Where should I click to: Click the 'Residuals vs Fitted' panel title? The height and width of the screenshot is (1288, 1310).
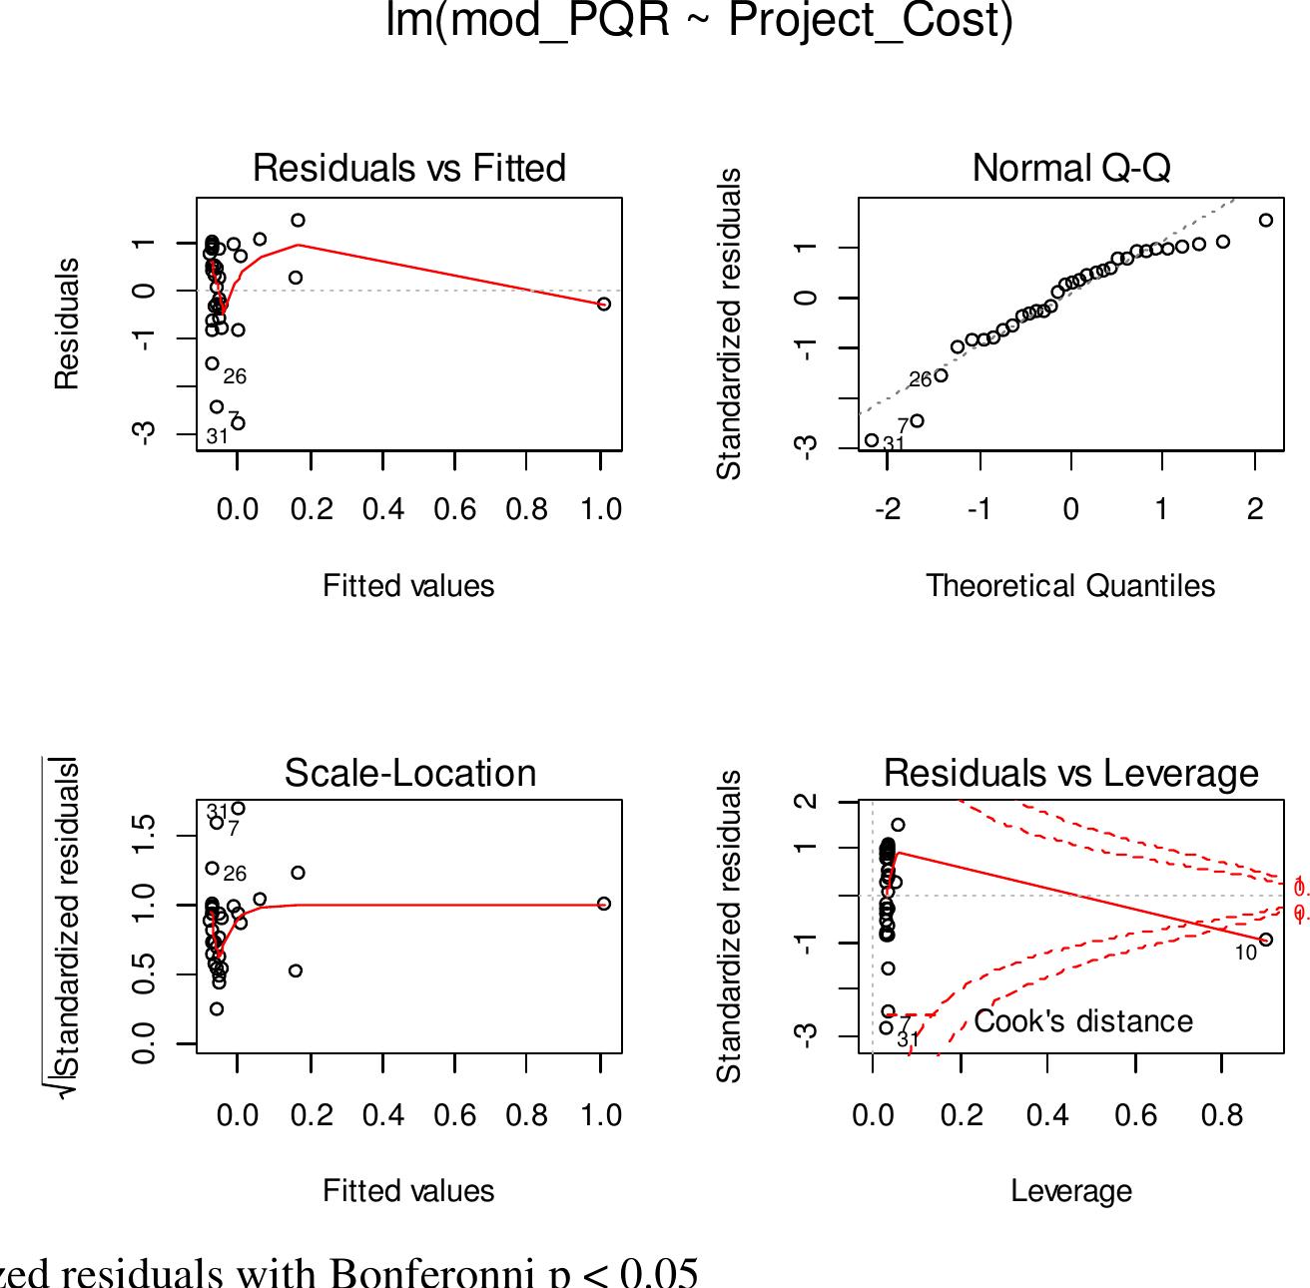coord(408,168)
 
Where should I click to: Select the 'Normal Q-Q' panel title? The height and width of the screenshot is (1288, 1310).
coord(1071,168)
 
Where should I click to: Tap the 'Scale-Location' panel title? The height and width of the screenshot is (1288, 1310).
coord(409,773)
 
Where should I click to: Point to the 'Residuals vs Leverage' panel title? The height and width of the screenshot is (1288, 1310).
coord(1071,773)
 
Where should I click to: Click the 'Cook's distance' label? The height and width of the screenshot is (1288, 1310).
coord(1083,1021)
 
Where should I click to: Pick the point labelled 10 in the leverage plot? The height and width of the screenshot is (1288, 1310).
coord(1266,940)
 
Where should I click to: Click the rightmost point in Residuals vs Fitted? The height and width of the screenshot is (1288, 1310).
coord(604,304)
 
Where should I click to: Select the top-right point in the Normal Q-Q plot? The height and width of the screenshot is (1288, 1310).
coord(1266,221)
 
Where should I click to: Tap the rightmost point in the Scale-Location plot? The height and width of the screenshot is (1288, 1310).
coord(604,904)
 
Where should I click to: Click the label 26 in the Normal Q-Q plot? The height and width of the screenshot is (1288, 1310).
coord(920,380)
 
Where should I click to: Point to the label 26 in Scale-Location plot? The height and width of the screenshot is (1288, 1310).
coord(235,875)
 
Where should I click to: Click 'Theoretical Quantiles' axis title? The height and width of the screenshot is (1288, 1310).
coord(1070,586)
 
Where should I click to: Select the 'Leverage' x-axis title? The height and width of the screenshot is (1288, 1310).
coord(1071,1191)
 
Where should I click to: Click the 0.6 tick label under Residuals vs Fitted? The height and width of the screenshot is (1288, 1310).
coord(455,510)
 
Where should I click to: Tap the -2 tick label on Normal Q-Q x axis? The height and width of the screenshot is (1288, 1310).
coord(888,510)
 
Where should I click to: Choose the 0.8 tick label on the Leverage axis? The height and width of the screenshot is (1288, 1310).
coord(1222,1115)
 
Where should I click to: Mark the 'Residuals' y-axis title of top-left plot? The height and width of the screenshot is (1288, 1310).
coord(66,323)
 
